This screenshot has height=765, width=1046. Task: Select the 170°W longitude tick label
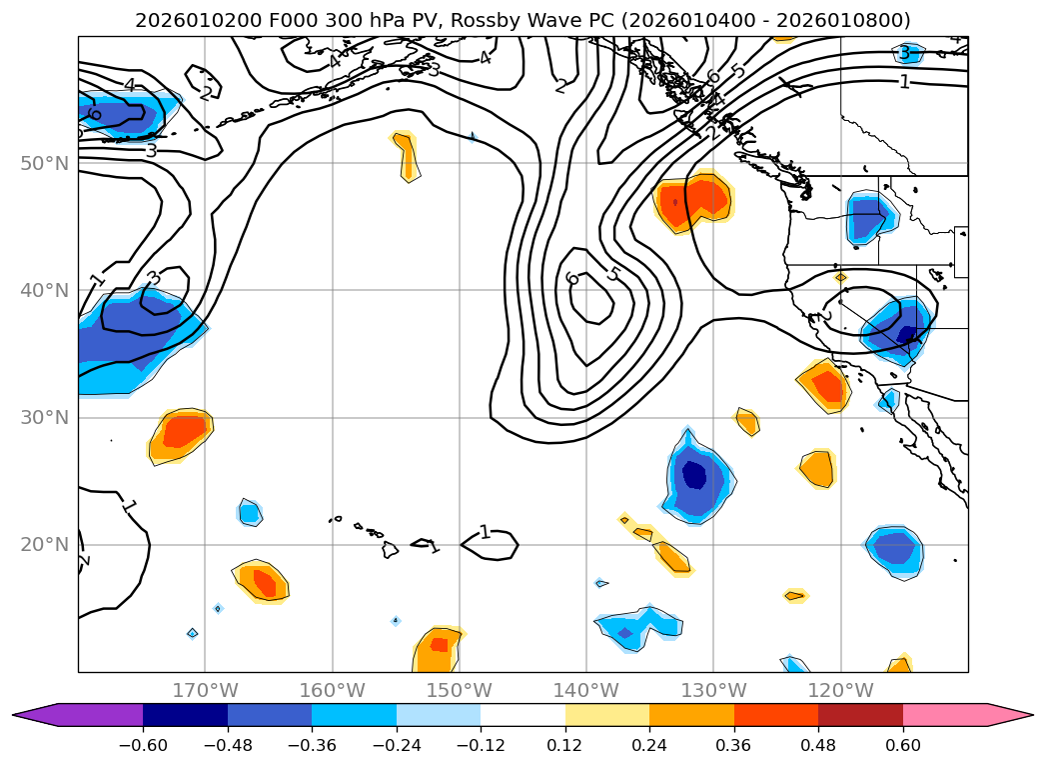point(205,690)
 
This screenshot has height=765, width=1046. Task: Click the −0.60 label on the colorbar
point(143,744)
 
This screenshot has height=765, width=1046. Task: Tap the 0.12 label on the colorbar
point(565,744)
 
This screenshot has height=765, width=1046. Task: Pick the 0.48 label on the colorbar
point(818,744)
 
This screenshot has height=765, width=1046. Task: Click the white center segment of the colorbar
point(523,715)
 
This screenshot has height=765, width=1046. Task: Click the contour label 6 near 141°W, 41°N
point(572,277)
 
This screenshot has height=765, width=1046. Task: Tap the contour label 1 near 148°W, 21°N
point(485,532)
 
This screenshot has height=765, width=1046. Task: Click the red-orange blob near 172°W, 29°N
point(183,432)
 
